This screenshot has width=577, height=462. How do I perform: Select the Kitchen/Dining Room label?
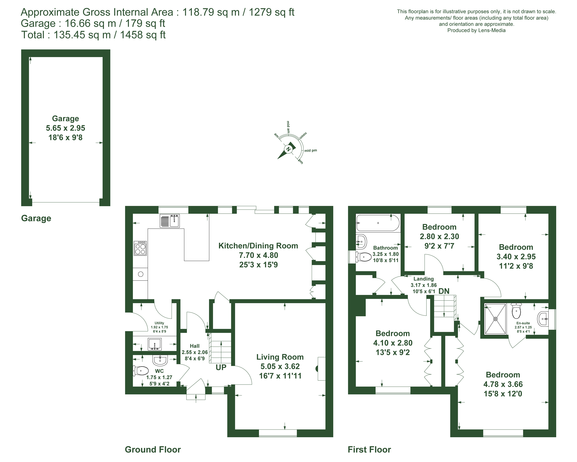(x=258, y=246)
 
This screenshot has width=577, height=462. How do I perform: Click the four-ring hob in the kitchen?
(x=140, y=248)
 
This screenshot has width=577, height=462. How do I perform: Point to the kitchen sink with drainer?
(x=170, y=221)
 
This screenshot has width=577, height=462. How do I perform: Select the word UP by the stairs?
(x=221, y=368)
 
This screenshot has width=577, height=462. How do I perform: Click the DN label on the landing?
(x=444, y=291)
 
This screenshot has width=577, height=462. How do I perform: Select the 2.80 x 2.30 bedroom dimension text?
(x=439, y=236)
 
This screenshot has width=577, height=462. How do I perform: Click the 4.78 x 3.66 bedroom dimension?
(x=503, y=384)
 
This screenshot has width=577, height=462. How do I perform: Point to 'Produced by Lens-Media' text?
(x=476, y=30)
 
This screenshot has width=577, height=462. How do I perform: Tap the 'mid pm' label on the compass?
(x=311, y=150)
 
